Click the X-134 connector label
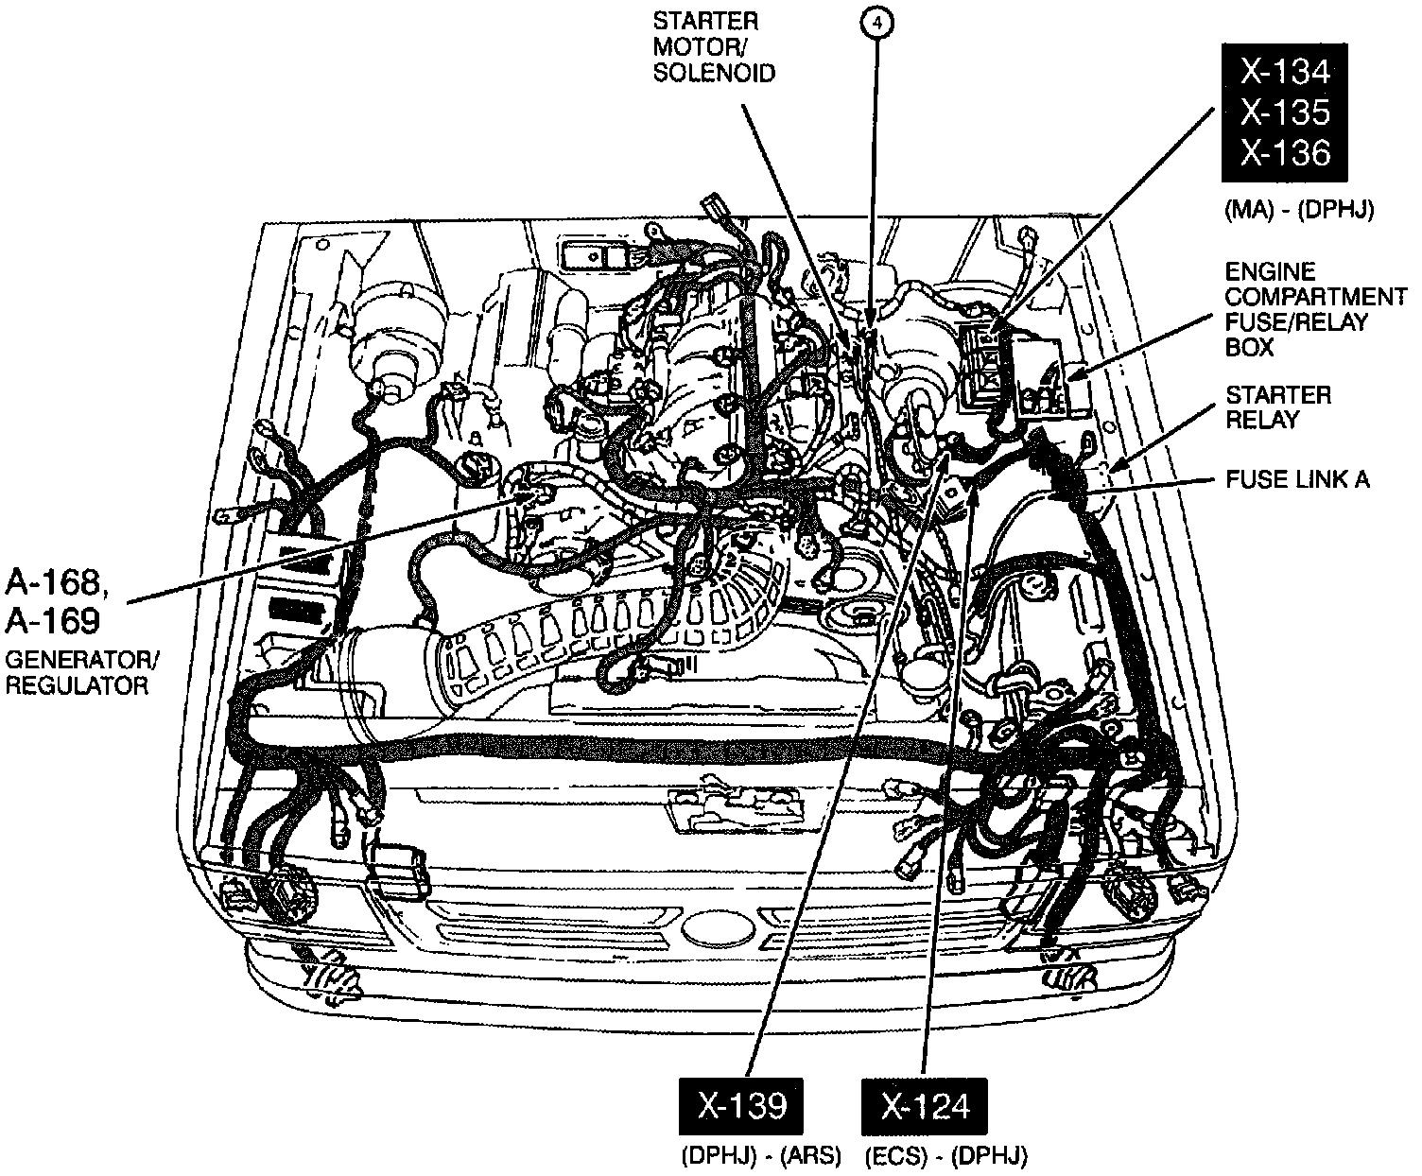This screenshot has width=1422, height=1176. click(1285, 72)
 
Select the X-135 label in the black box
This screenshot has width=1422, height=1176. click(1285, 112)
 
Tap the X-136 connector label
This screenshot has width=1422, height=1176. click(1285, 153)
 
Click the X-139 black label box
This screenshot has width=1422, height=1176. click(741, 1106)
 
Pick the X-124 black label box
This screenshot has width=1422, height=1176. click(926, 1106)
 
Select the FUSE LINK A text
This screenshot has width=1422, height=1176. click(1297, 479)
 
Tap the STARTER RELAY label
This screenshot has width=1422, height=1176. click(1277, 406)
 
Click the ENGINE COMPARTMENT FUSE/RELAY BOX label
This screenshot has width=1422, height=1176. click(1314, 309)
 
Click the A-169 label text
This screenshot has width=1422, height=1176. click(53, 620)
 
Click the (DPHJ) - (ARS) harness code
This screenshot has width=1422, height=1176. click(759, 1155)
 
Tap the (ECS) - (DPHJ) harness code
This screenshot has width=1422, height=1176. click(945, 1155)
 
